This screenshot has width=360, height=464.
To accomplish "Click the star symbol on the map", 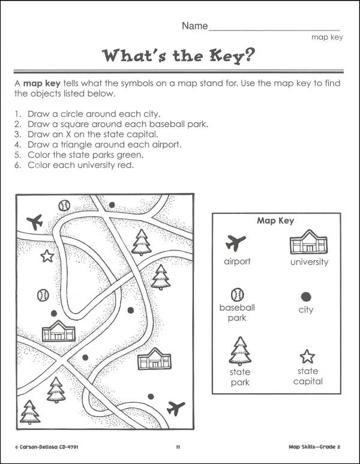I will pos(47,257).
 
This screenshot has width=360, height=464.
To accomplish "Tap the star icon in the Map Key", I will pos(307,357).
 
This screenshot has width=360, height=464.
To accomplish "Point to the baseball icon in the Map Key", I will pos(236,294).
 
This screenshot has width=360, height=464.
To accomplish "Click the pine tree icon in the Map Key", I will pos(239,351).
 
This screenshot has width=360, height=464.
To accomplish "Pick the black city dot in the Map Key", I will pos(306,296).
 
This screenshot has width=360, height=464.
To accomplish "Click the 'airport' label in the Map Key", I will pos(237,261).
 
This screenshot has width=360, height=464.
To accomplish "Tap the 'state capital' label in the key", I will pos(308,376).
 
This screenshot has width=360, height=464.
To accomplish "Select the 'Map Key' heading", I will pos(275,221).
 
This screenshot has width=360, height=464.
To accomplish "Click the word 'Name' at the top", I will pos(194,26).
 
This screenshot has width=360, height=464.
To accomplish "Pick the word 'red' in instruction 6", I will pos(124,165).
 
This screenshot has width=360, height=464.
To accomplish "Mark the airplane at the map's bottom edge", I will pos(176,408).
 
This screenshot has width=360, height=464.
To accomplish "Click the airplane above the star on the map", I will pos(35,223).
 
